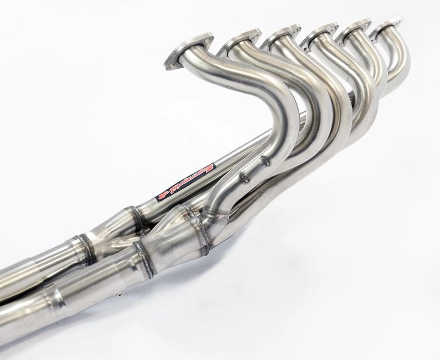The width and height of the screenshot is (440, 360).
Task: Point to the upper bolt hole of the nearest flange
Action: (x=192, y=39)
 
